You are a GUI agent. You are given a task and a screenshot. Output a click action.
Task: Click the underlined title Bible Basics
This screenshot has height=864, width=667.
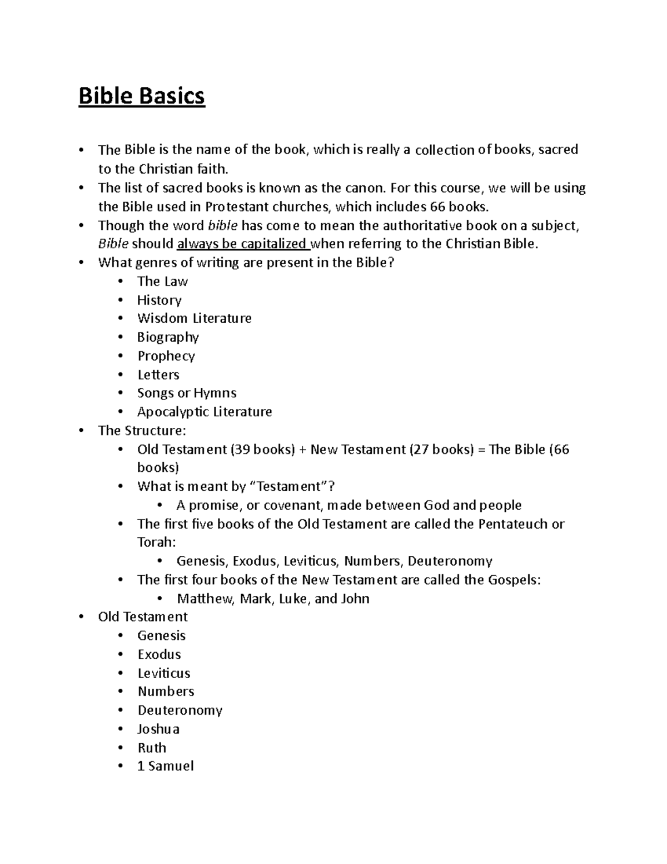142,96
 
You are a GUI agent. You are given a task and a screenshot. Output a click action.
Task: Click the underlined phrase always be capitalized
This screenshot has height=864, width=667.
242,244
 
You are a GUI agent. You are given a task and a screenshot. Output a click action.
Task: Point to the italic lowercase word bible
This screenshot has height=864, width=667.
222,225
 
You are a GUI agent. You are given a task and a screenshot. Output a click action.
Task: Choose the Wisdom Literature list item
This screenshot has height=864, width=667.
194,318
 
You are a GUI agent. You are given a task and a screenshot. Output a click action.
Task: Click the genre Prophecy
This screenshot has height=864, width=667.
166,356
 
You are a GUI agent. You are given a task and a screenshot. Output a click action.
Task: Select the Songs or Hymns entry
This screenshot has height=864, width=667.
187,393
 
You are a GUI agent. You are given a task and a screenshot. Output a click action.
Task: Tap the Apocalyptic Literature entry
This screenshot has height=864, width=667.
205,412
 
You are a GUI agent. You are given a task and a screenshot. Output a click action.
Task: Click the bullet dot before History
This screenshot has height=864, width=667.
121,300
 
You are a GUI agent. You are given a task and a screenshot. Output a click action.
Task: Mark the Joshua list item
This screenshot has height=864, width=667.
158,729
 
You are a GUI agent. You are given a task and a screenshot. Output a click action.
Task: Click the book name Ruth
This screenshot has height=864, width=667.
152,748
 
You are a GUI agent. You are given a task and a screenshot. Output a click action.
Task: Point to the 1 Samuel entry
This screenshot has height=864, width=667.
166,766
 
